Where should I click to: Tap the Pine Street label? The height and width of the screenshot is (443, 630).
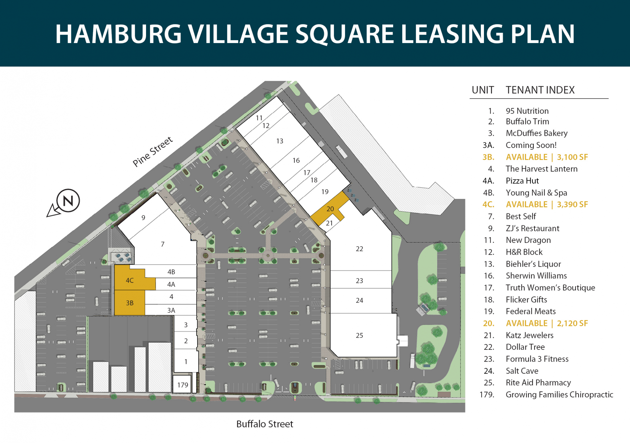pyautogui.click(x=153, y=151)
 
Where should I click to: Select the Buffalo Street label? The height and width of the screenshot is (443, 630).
pyautogui.click(x=265, y=424)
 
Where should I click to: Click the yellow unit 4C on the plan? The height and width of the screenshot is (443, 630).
pyautogui.click(x=129, y=280)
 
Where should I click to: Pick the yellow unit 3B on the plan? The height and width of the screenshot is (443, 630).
pyautogui.click(x=129, y=303)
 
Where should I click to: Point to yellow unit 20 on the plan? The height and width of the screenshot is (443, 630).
pyautogui.click(x=330, y=209)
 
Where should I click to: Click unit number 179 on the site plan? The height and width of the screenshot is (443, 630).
pyautogui.click(x=182, y=385)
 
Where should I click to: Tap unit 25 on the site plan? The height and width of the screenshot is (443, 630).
pyautogui.click(x=359, y=335)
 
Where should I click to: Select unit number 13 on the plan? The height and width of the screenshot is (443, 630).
pyautogui.click(x=280, y=141)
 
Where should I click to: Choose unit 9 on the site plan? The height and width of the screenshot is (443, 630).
pyautogui.click(x=143, y=218)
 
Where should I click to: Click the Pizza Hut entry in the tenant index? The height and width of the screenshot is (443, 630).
pyautogui.click(x=522, y=181)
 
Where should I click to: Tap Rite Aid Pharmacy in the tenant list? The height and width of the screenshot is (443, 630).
pyautogui.click(x=538, y=382)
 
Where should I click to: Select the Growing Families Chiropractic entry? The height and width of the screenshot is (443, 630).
pyautogui.click(x=560, y=395)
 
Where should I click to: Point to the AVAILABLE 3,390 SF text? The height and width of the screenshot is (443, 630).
pyautogui.click(x=547, y=204)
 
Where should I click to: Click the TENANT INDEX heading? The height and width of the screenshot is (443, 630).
pyautogui.click(x=540, y=90)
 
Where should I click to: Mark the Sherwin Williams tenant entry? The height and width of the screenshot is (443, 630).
pyautogui.click(x=536, y=276)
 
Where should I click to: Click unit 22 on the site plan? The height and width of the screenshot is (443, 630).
pyautogui.click(x=359, y=249)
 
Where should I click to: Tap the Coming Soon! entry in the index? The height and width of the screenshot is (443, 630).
pyautogui.click(x=531, y=145)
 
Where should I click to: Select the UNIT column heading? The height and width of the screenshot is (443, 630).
pyautogui.click(x=483, y=90)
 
